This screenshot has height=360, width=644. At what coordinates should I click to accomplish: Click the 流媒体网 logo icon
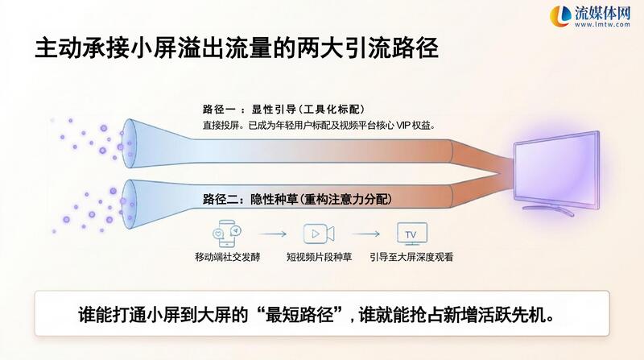[560, 16]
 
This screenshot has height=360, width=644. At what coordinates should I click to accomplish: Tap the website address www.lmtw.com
[602, 25]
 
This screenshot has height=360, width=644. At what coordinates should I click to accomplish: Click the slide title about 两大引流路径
[237, 48]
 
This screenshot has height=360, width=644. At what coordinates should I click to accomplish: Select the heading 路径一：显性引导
[283, 110]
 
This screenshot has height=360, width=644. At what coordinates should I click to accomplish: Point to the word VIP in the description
[403, 126]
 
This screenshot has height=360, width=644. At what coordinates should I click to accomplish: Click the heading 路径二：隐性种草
[297, 199]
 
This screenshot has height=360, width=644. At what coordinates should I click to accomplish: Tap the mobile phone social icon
[227, 234]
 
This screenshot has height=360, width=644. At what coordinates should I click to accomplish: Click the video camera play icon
[319, 234]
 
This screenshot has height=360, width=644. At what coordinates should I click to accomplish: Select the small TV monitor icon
[412, 234]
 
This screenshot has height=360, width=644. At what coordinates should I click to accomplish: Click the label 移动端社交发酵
[228, 257]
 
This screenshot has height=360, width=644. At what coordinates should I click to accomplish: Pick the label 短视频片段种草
[319, 257]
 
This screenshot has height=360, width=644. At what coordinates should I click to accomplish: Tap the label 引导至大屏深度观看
[411, 257]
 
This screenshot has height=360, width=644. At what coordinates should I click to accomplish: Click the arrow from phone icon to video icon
[272, 234]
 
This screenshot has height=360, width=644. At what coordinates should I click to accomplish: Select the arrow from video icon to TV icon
[366, 234]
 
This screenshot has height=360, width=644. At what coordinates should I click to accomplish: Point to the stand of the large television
[548, 209]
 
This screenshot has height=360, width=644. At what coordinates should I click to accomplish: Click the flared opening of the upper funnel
[129, 143]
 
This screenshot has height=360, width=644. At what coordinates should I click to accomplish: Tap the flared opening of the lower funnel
[129, 205]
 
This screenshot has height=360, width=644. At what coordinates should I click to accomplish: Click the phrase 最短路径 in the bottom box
[304, 315]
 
